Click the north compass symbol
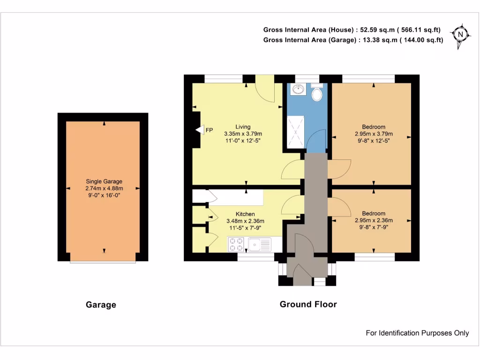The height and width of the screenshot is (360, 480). pyautogui.click(x=460, y=34)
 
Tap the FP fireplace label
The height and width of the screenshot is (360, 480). pyautogui.click(x=209, y=130)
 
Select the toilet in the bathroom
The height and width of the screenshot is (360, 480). pyautogui.click(x=317, y=94)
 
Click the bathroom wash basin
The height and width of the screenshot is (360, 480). pyautogui.click(x=297, y=89)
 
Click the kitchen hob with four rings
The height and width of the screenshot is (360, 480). pyautogui.click(x=236, y=244)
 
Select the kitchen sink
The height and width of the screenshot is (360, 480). pyautogui.click(x=260, y=244)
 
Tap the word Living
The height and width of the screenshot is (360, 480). pyautogui.click(x=243, y=127)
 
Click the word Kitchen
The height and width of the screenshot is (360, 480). pyautogui.click(x=245, y=214)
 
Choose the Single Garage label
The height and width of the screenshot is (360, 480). pyautogui.click(x=104, y=181)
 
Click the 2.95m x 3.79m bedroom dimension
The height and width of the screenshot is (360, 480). pyautogui.click(x=374, y=134)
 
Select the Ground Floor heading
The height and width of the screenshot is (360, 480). pyautogui.click(x=308, y=304)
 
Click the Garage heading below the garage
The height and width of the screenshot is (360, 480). pyautogui.click(x=101, y=305)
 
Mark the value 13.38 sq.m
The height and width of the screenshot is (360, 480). pyautogui.click(x=375, y=40)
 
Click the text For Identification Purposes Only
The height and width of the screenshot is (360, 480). pyautogui.click(x=417, y=333)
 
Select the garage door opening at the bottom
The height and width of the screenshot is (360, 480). pyautogui.click(x=104, y=262)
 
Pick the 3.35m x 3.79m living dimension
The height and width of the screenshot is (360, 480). pyautogui.click(x=243, y=134)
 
